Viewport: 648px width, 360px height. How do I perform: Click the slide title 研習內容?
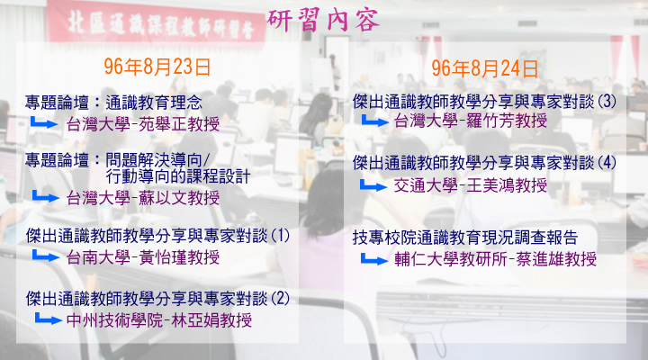point(323,20)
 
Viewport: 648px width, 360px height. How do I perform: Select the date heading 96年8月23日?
point(157,67)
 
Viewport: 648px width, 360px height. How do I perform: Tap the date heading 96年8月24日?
point(485,68)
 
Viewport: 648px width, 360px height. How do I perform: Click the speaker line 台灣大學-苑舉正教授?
point(143,123)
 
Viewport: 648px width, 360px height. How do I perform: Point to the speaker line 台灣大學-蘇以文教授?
point(143,198)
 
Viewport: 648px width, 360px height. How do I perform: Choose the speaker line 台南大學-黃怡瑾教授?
point(143,257)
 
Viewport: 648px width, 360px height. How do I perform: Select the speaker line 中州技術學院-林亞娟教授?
point(159,319)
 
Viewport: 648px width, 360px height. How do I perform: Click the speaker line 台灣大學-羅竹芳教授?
point(471,121)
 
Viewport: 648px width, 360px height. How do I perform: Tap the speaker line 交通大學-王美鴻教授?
point(471,185)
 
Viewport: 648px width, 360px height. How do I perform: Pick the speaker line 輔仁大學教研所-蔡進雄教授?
point(496,259)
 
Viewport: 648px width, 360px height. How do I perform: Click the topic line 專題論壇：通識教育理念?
point(113,103)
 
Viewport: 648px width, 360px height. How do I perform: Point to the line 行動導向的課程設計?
point(178,176)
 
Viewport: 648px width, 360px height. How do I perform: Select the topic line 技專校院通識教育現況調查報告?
point(465,238)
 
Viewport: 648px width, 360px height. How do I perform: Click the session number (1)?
point(280,236)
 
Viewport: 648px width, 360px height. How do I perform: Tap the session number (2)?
point(280,299)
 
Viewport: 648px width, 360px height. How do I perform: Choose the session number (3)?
point(607,102)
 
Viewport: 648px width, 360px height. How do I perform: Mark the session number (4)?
point(607,162)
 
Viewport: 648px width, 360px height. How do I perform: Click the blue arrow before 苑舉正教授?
point(44,122)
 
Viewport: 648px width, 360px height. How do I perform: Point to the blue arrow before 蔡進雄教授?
point(374,259)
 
